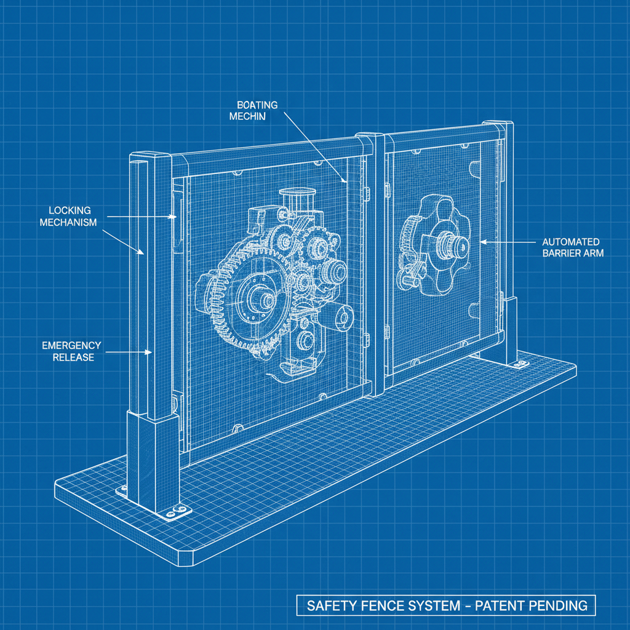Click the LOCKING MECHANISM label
[x=68, y=216]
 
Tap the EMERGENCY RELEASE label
[x=71, y=351]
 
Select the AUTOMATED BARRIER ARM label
[x=573, y=247]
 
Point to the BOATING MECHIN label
[x=253, y=111]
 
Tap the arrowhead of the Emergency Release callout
[x=149, y=353]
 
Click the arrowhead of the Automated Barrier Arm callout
[x=484, y=242]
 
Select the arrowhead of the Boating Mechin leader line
[x=345, y=180]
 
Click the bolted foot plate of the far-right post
[x=520, y=364]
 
